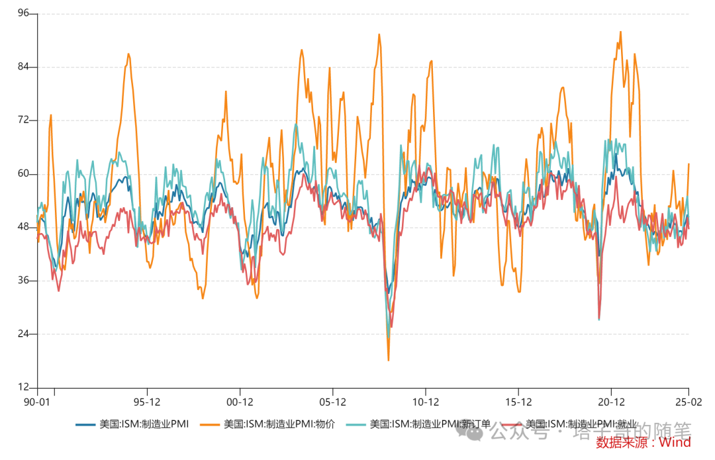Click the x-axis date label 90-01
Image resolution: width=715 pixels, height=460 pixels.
tap(36, 402)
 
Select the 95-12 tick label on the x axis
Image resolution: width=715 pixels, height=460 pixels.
tap(147, 402)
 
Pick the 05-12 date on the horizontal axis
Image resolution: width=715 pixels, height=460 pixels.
tap(333, 402)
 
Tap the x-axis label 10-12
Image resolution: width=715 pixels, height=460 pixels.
tap(426, 402)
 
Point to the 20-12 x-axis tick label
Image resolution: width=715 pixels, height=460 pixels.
tap(611, 402)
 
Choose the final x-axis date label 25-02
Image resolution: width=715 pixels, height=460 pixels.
tap(689, 402)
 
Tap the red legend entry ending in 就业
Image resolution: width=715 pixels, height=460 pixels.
tap(573, 424)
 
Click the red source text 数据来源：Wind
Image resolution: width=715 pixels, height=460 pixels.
tap(643, 442)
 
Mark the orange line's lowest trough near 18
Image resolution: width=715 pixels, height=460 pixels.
tap(389, 359)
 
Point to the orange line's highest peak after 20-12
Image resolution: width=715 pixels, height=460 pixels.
tap(620, 32)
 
